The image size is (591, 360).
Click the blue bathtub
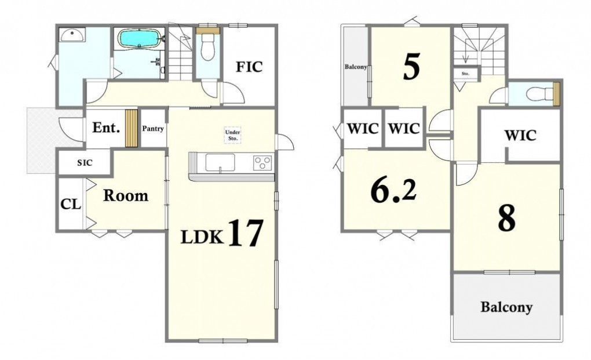click(140, 39)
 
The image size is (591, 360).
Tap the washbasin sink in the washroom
click(72, 35)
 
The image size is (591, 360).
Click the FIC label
click(249, 67)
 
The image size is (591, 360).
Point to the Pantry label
click(152, 129)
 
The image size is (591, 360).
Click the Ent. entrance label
click(106, 128)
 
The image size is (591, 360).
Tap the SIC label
click(85, 163)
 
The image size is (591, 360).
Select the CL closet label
click(71, 204)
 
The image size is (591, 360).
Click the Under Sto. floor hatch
click(232, 135)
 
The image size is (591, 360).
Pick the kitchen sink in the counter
click(220, 163)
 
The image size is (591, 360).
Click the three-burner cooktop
click(262, 163)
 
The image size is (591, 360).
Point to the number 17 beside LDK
click(245, 234)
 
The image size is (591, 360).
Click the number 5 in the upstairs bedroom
click(411, 67)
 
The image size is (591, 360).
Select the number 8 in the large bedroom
click(506, 219)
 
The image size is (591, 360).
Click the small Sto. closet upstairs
click(466, 74)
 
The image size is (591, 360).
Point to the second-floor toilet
click(536, 94)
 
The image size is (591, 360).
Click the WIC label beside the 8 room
click(520, 135)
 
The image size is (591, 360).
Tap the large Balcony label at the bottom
click(506, 307)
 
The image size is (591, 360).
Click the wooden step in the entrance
click(131, 128)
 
